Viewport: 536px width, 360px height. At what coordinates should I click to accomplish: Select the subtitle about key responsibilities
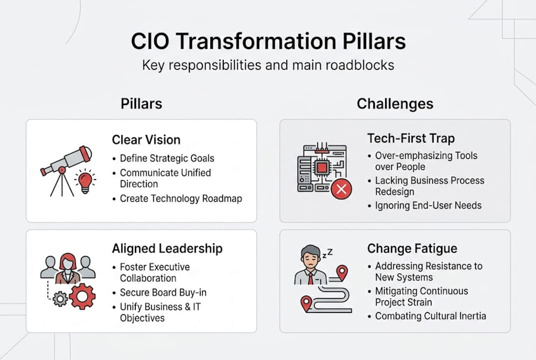(x=268, y=65)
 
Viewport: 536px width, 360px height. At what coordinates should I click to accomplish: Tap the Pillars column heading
(x=141, y=103)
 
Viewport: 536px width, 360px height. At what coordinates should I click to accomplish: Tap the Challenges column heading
(x=395, y=103)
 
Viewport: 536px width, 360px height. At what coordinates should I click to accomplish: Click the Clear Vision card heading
(x=146, y=140)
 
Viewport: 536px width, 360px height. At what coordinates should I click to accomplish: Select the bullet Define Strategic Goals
(x=167, y=158)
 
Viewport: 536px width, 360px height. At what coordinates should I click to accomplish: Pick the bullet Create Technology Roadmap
(x=180, y=198)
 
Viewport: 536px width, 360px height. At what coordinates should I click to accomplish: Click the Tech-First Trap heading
(x=411, y=138)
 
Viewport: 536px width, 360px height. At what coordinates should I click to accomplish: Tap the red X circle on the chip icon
(x=342, y=189)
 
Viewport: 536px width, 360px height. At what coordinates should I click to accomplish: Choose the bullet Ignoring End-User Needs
(x=428, y=205)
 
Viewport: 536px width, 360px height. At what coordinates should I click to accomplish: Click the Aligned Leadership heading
(x=167, y=248)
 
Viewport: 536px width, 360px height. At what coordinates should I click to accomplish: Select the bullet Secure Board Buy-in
(x=163, y=292)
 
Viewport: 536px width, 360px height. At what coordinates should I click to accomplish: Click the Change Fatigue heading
(x=412, y=248)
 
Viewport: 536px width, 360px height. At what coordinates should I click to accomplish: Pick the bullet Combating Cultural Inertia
(x=430, y=316)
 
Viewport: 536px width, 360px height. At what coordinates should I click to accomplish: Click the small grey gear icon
(x=60, y=299)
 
